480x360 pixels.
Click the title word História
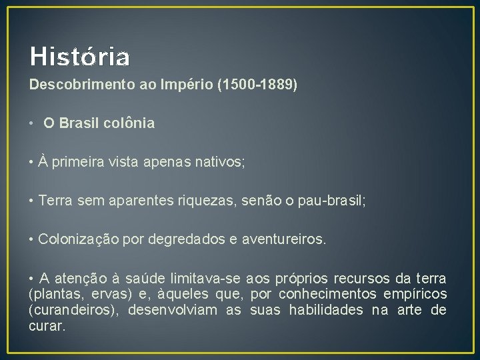click(x=79, y=57)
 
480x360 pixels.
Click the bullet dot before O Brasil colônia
click(x=32, y=123)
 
